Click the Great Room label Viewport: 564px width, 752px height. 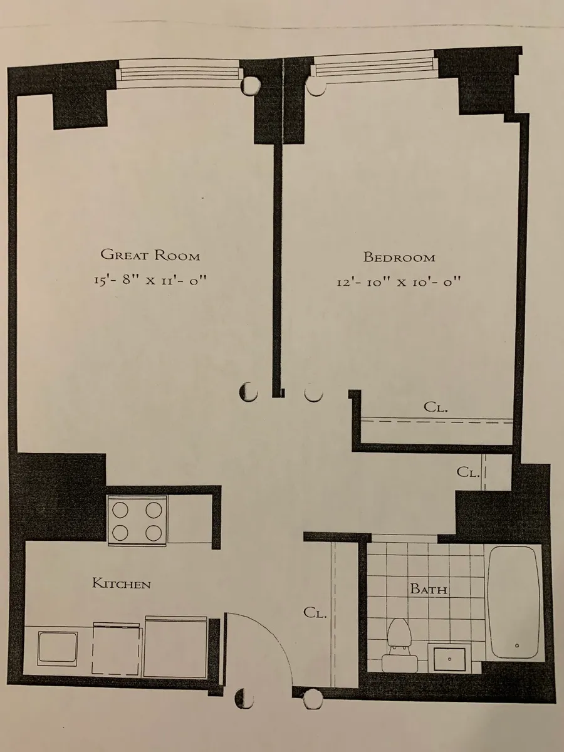[x=150, y=255]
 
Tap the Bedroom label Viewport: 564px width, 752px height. [x=399, y=257]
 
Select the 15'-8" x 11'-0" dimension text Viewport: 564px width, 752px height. [x=149, y=280]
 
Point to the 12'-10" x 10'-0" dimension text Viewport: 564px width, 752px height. [x=399, y=281]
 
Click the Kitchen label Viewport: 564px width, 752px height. [x=122, y=584]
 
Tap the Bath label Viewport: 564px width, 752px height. [x=429, y=589]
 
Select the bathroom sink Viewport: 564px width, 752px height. [x=450, y=658]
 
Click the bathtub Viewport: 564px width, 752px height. [x=513, y=602]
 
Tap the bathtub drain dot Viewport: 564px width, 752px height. [x=516, y=645]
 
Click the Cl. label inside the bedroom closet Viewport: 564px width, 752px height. [x=436, y=407]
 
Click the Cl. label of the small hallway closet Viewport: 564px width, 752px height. [x=468, y=473]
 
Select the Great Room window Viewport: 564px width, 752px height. [x=180, y=72]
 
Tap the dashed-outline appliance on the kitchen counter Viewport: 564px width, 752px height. [x=118, y=650]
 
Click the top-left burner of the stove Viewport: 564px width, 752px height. [x=120, y=509]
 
